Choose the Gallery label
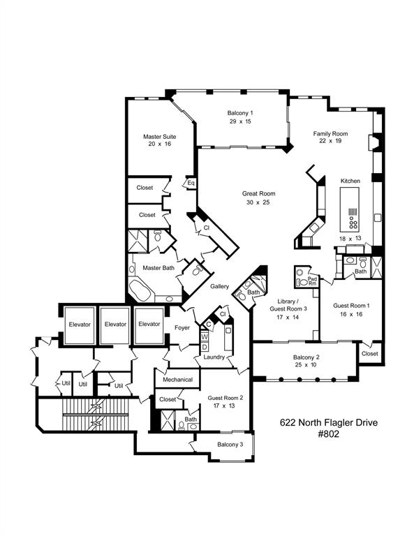(219, 287)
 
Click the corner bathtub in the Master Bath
(143, 292)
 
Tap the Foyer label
(184, 327)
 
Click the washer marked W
(205, 336)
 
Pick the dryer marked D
(205, 346)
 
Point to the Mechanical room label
(177, 380)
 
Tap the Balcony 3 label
(230, 445)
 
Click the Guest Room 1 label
(350, 310)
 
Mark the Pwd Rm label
(312, 282)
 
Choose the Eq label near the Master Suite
(190, 184)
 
